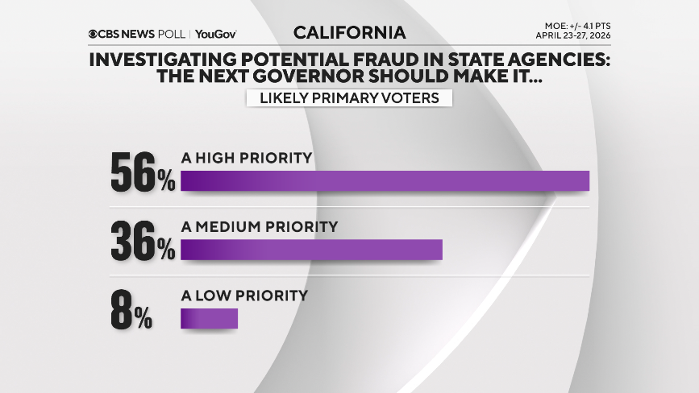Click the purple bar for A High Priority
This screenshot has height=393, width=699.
click(385, 180)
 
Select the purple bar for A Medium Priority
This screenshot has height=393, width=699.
click(312, 250)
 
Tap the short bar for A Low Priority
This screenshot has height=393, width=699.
click(210, 319)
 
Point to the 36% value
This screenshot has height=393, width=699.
click(143, 241)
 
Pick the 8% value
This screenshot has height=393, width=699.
click(131, 310)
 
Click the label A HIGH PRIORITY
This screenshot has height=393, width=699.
click(247, 158)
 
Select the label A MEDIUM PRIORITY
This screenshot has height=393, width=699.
click(259, 226)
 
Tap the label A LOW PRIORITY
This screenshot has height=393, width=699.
click(244, 296)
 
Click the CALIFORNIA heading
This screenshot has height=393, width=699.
click(349, 33)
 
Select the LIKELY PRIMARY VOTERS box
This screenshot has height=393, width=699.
click(349, 98)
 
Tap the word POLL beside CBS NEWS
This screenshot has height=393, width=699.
click(171, 35)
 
